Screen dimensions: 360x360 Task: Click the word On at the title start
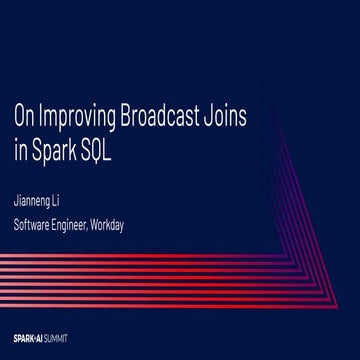(21, 116)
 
